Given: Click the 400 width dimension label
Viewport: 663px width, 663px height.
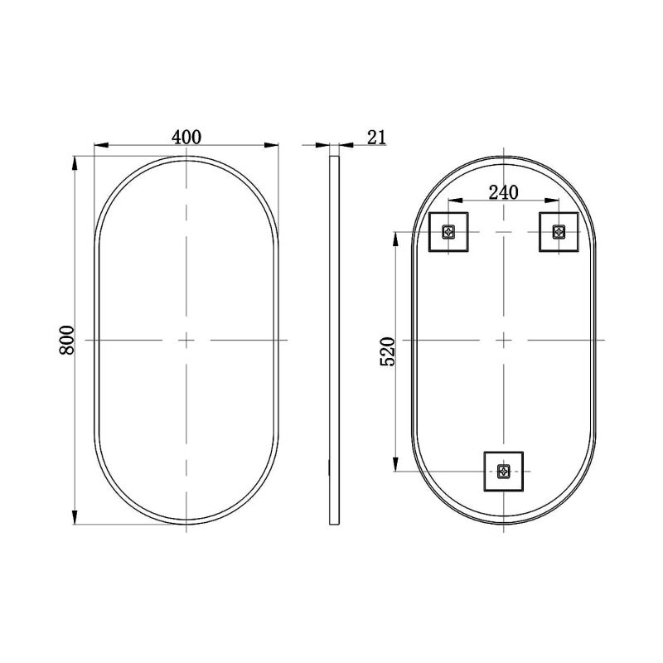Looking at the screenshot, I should (186, 137).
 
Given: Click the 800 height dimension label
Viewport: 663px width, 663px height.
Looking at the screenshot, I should (68, 340).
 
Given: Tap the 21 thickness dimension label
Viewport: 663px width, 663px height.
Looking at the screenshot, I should (377, 137).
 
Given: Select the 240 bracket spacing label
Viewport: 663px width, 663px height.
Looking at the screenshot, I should (503, 192).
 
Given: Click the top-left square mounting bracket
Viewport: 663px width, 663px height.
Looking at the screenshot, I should (449, 231).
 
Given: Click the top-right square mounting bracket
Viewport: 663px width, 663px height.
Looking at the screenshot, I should (558, 231).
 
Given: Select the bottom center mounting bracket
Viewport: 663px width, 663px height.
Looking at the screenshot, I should (503, 472).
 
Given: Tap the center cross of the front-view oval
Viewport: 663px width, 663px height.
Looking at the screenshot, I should (186, 340).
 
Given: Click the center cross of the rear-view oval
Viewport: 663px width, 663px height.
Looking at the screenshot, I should (503, 340).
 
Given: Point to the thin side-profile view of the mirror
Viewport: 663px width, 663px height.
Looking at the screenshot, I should (335, 340).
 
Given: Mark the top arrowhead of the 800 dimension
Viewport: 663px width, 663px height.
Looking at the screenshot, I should (77, 162).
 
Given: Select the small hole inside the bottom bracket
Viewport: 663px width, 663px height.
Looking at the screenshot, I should (503, 472).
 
